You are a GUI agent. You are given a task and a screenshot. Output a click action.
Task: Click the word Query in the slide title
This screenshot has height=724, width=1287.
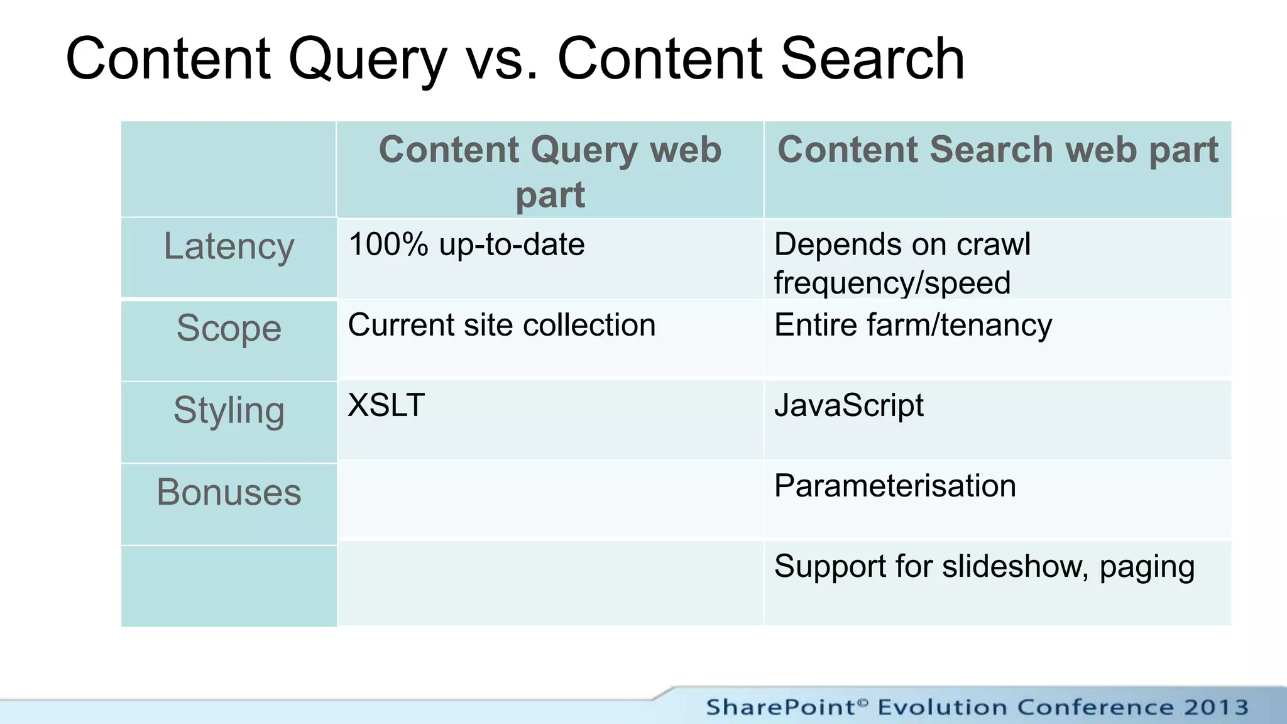[367, 60]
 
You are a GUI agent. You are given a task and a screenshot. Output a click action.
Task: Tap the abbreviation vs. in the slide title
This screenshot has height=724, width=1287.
[502, 60]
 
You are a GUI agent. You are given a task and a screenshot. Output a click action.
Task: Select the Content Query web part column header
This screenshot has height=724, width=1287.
[550, 171]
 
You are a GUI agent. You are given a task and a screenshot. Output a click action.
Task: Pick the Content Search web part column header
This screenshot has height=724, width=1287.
[997, 150]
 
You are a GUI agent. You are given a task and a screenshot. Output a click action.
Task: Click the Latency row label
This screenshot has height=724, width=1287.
[229, 246]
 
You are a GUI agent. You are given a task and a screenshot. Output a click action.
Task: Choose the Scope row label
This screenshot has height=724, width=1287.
[229, 328]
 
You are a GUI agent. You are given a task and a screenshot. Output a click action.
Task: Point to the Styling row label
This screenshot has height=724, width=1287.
[229, 410]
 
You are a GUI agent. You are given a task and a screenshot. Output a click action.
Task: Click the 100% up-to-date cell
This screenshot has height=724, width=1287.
[466, 244]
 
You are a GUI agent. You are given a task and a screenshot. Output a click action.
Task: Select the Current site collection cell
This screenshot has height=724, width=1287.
[501, 325]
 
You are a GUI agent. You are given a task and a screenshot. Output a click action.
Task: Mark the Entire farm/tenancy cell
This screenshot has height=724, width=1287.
[912, 326]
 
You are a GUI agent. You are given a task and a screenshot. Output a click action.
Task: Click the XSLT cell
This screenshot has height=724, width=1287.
[386, 405]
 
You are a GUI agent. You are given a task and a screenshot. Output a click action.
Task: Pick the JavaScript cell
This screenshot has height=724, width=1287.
[848, 406]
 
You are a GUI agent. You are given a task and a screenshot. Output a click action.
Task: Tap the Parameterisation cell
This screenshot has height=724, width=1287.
[895, 486]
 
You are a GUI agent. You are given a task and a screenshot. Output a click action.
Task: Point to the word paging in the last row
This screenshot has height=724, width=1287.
[1147, 568]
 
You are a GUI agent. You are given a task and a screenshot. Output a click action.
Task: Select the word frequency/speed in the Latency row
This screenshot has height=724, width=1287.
[892, 283]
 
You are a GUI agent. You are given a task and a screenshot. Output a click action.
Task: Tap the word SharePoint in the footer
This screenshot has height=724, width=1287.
[781, 707]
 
